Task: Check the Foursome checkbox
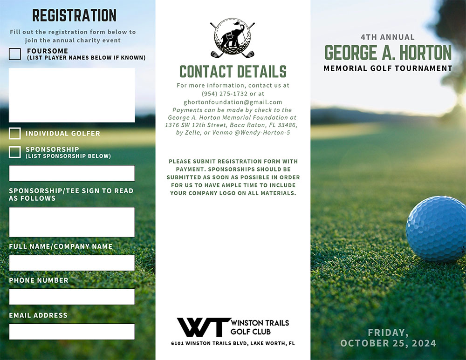[x=15, y=54]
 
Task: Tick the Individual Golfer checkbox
[x=15, y=133]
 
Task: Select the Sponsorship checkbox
[x=15, y=152]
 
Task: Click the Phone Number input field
[x=72, y=297]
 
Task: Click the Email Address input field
[x=72, y=332]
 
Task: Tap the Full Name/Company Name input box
[x=72, y=263]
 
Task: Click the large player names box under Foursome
[x=72, y=95]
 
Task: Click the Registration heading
[x=74, y=15]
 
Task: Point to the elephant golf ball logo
[x=233, y=37]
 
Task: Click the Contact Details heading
[x=233, y=71]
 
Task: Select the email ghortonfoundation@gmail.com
[x=233, y=102]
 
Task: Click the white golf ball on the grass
[x=436, y=228]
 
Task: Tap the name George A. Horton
[x=388, y=53]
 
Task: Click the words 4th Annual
[x=388, y=37]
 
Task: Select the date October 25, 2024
[x=388, y=343]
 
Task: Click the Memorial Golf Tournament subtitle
[x=388, y=68]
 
